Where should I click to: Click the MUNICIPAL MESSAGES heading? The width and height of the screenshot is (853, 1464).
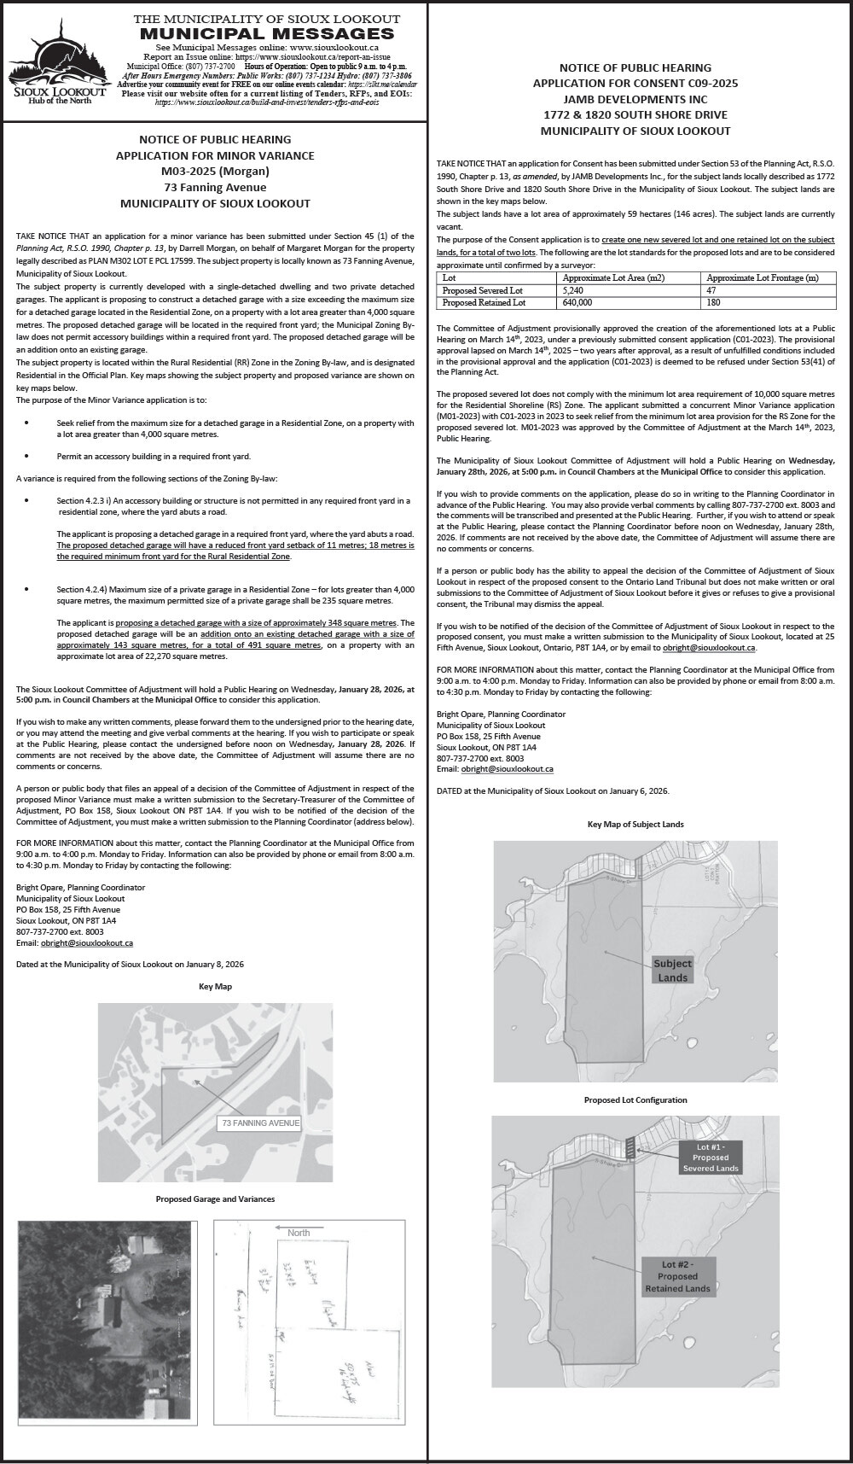(x=267, y=33)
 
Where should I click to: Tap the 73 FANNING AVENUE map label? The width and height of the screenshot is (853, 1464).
(x=260, y=1123)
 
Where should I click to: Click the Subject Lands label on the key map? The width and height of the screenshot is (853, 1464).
(x=673, y=970)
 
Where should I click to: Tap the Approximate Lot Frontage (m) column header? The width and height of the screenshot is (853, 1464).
(x=763, y=278)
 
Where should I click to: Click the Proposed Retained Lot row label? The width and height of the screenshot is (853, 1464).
(x=484, y=303)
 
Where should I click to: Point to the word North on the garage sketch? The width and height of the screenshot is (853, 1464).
(x=299, y=1233)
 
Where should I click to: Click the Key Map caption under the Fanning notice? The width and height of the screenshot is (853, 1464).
(x=215, y=986)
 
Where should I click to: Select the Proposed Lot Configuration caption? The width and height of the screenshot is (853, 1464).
(x=635, y=1100)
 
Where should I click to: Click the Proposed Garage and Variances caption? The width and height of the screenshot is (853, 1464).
(x=215, y=1199)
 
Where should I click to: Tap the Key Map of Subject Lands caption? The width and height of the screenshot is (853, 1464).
(x=635, y=824)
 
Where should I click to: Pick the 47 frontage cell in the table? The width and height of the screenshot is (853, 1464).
(x=712, y=291)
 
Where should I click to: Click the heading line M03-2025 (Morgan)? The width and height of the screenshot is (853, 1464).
(x=215, y=172)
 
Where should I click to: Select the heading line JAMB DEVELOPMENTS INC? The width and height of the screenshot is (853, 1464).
(x=635, y=99)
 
